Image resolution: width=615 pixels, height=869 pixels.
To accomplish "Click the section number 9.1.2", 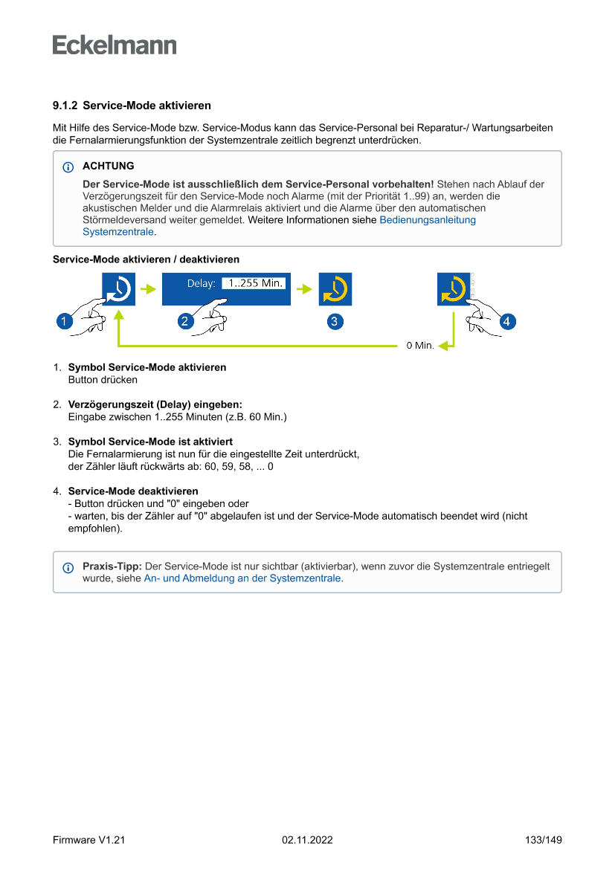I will coord(65,106).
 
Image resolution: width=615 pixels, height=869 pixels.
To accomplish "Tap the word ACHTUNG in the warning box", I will coord(108,166).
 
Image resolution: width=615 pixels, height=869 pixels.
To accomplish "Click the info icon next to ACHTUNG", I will coord(68,167).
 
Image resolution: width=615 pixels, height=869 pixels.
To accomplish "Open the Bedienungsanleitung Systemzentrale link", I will coord(428,220).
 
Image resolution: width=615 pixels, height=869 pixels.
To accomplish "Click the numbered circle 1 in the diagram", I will coord(65,321).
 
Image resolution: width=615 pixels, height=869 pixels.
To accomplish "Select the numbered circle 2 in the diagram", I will coord(186,321).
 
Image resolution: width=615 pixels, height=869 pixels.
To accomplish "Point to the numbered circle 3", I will coord(335,321).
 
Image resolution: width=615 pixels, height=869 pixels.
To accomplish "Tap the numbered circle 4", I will coord(506,321).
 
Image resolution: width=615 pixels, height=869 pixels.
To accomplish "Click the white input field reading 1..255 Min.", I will coord(254,282).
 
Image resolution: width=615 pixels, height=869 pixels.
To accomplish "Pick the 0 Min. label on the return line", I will coord(419,346).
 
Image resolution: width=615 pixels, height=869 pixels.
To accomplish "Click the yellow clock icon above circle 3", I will coord(335,289).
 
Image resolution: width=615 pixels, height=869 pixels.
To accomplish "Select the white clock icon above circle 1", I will coord(118,289).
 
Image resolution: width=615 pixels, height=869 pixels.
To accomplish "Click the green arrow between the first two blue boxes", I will coord(149,289).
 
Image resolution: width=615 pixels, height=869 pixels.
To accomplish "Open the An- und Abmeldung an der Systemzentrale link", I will coord(243,578).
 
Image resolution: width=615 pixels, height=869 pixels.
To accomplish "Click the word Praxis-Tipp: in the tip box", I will coord(112,566).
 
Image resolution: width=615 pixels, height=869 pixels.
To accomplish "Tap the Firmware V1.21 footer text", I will coord(88,840).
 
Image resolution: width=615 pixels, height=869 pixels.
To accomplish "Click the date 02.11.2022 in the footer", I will coord(307,840).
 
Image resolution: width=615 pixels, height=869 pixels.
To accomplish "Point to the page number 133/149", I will coord(543,840).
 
